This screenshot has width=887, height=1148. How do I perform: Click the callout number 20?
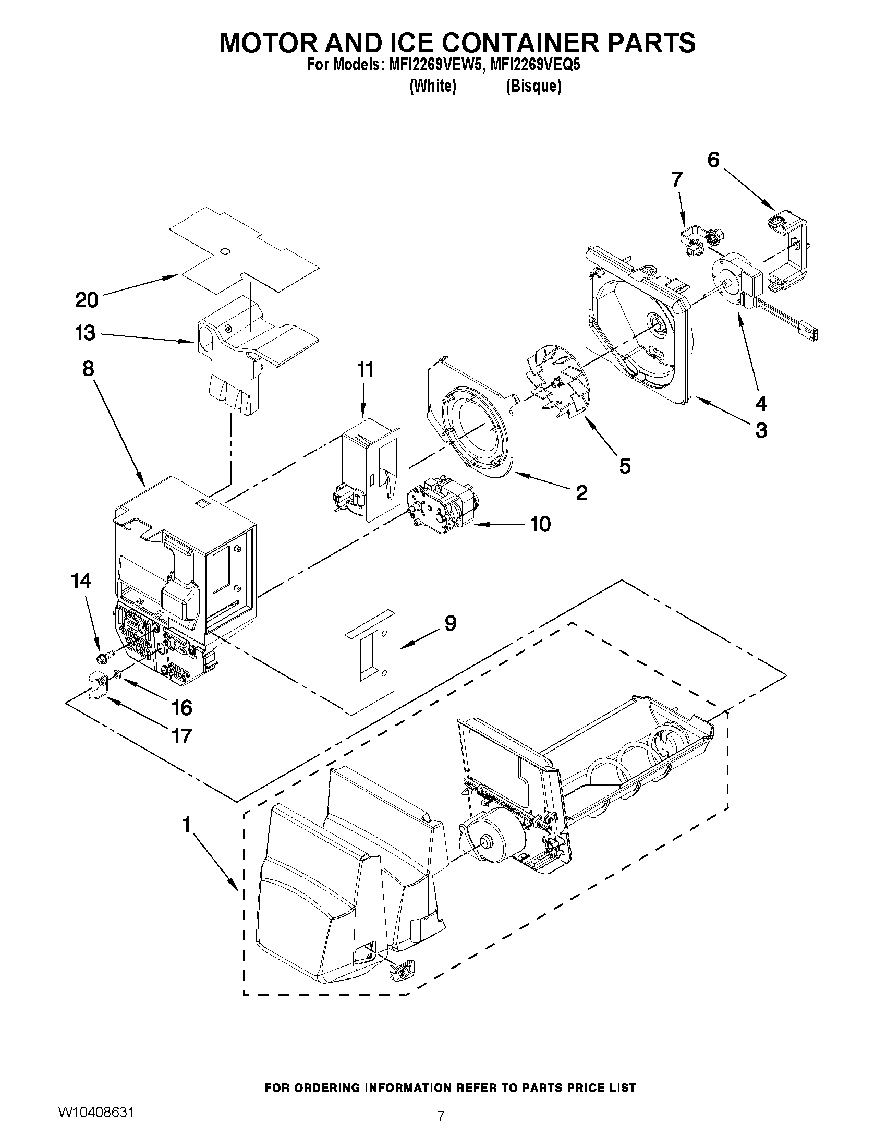[87, 300]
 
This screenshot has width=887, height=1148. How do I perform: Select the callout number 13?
[85, 333]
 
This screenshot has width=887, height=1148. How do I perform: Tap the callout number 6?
[713, 160]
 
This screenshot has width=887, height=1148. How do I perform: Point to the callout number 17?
[181, 736]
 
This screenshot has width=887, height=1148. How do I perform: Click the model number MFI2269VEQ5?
[534, 65]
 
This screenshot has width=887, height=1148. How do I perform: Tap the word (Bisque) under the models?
[533, 86]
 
